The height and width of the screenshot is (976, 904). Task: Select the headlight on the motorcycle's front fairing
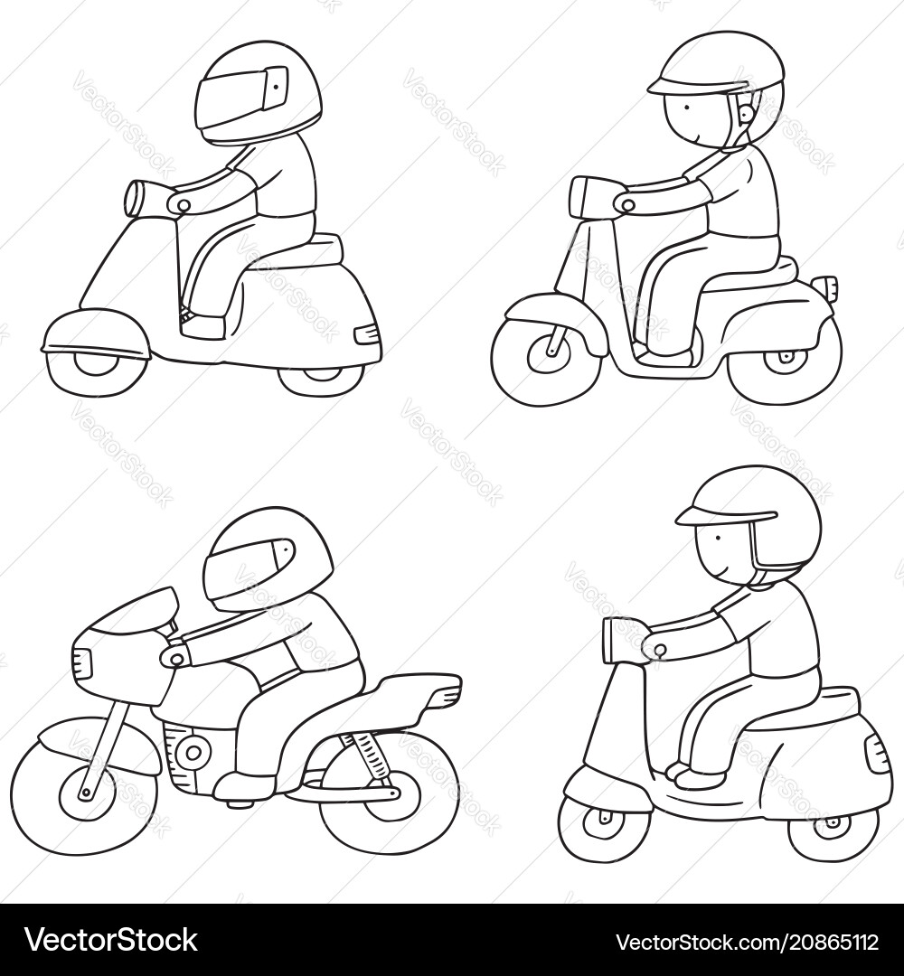pos(83,664)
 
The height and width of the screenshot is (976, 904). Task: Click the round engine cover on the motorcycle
pos(193,750)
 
